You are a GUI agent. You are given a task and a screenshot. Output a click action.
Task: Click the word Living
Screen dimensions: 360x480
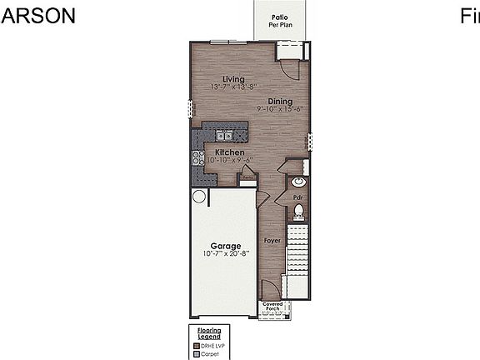coord(221,79)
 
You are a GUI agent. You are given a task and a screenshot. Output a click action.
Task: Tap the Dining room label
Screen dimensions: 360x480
coord(280,101)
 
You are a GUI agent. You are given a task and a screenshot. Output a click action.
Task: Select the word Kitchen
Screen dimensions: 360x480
coord(229,152)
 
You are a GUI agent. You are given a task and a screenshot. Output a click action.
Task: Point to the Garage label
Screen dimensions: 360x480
coord(225,246)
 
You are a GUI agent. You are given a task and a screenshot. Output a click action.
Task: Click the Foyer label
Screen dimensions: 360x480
coord(272,240)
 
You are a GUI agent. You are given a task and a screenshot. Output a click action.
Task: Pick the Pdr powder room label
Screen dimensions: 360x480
coord(297,197)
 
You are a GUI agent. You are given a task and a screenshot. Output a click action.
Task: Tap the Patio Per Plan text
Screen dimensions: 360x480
coord(281,21)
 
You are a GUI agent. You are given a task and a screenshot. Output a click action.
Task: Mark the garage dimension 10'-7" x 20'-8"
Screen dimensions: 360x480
coord(225,254)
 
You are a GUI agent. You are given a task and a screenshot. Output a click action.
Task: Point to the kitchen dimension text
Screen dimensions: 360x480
coord(229,161)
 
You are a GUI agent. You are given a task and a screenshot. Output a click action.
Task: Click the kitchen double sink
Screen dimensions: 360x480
coord(224,136)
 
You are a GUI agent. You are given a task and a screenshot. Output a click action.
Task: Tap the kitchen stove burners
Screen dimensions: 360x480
coord(198,157)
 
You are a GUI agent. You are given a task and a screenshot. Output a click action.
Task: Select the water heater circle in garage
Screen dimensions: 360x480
coord(198,197)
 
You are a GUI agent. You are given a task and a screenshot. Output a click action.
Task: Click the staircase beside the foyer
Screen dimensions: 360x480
coord(297,250)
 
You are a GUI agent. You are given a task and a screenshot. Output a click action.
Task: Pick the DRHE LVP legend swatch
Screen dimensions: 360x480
coord(197,344)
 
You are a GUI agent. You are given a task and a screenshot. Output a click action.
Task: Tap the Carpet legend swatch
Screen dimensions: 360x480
coord(197,352)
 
